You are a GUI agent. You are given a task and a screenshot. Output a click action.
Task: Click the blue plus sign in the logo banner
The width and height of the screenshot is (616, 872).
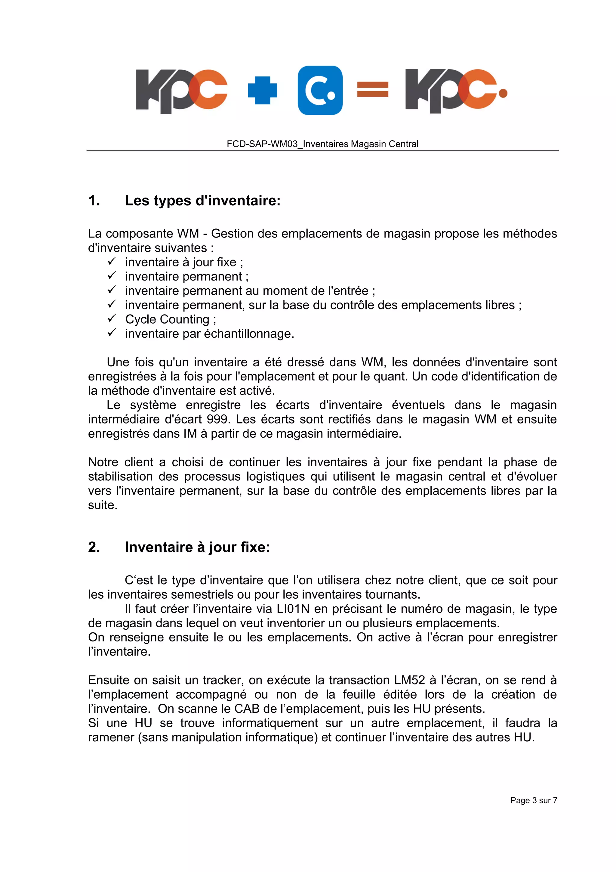click(x=262, y=90)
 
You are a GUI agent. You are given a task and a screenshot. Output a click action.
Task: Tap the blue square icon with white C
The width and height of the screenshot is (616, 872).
click(x=320, y=90)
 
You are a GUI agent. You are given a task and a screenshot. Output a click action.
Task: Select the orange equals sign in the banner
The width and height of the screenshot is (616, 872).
click(x=372, y=90)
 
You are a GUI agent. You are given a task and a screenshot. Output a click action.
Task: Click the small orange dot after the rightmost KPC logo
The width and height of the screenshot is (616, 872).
click(x=503, y=93)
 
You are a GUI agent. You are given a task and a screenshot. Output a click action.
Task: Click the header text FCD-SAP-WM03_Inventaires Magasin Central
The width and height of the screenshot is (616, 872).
click(x=322, y=144)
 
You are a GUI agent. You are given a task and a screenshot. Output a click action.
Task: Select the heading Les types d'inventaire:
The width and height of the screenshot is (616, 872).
click(x=202, y=200)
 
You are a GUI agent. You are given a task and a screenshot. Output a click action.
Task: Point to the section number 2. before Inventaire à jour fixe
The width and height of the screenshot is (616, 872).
click(x=94, y=547)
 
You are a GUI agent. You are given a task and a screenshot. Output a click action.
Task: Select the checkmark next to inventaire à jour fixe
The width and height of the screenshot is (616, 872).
click(x=111, y=261)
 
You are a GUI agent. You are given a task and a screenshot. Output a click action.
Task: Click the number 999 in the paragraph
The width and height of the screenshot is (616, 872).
click(x=217, y=419)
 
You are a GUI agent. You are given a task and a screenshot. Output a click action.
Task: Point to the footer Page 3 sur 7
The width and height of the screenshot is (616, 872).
click(x=533, y=801)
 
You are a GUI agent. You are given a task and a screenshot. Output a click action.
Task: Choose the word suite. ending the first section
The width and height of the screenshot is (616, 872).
click(x=103, y=505)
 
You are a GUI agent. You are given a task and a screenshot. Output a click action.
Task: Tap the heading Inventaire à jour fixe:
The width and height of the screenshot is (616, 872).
click(x=197, y=547)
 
